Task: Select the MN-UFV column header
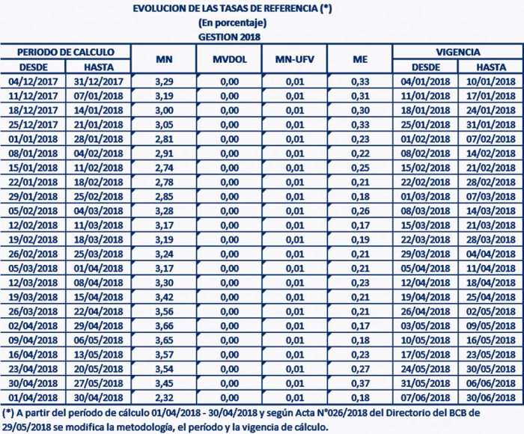tap(293, 59)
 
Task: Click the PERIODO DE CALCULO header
tap(66, 52)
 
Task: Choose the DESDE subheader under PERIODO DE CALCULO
tap(33, 67)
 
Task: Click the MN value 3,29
tap(164, 81)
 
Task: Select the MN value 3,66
tap(164, 328)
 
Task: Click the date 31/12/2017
tap(99, 81)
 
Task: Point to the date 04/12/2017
tap(33, 81)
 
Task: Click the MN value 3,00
tap(164, 109)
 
